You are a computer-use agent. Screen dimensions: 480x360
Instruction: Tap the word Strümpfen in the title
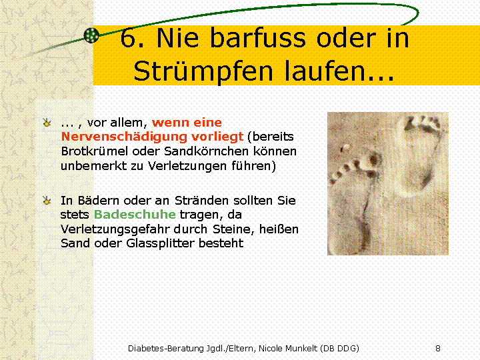[x=203, y=71]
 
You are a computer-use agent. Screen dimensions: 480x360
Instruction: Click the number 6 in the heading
[x=128, y=38]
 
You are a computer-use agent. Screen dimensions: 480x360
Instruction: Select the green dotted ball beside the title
[x=91, y=35]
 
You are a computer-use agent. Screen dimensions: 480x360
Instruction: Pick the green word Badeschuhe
[x=135, y=214]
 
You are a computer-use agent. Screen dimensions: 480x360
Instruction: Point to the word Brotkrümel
[x=95, y=151]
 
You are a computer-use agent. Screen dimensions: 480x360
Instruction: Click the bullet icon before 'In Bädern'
[x=47, y=201]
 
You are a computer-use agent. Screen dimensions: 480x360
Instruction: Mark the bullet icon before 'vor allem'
[x=47, y=123]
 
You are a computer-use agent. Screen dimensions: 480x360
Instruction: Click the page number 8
[x=438, y=349]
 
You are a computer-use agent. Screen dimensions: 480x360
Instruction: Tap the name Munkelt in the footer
[x=301, y=349]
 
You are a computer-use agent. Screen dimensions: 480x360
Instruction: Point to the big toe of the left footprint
[x=373, y=160]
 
